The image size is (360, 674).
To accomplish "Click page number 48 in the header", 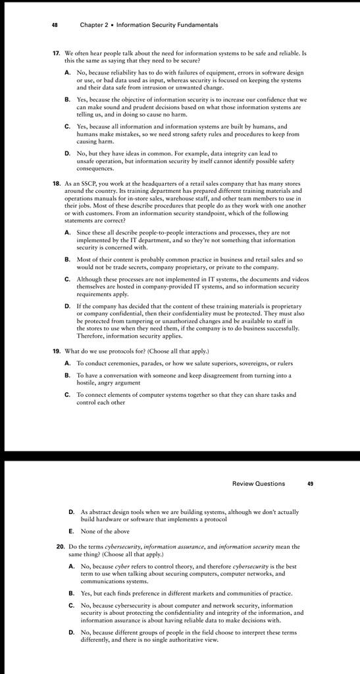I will pos(55,25).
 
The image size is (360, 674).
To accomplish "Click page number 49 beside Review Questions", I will pos(310,484).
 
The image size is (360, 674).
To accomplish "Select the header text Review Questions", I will pos(259,484).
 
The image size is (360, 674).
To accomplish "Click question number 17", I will pos(57,52).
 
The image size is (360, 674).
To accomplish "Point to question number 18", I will pos(57,184).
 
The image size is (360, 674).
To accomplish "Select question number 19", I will pos(57,351).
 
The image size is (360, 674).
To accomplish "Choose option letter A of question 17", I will pos(68,72).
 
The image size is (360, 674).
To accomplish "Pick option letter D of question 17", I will pos(68,153).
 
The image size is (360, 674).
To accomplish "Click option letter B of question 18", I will pos(68,260).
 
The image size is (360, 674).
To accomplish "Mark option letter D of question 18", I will pos(68,306).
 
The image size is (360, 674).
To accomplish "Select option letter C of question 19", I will pos(68,395).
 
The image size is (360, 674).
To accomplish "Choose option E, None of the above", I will pos(72,531).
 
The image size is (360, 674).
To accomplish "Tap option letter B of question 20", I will pos(72,594).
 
